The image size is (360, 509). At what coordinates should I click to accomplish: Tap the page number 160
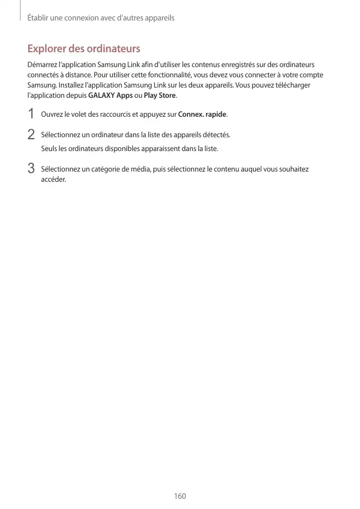coord(180,496)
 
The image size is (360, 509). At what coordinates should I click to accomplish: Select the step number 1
coord(31,113)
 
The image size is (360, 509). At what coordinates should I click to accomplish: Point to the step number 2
coord(31,134)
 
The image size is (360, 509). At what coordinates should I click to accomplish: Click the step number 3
coord(31,168)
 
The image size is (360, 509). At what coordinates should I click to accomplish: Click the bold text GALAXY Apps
coord(111,96)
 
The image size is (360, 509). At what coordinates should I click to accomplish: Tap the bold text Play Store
coord(160,96)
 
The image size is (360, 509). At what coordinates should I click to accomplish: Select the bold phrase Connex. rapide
coord(202,114)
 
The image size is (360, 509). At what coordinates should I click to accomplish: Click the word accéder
coord(53,179)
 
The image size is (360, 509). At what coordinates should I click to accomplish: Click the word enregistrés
coord(248,65)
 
